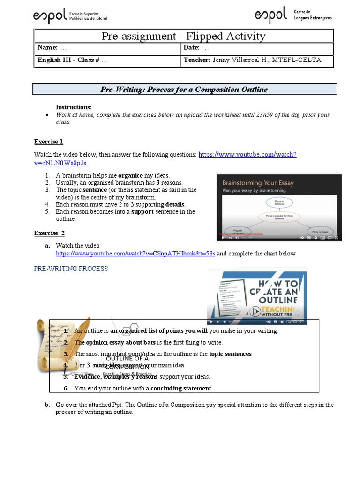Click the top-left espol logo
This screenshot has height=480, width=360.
click(70, 16)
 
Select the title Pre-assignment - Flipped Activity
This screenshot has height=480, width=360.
click(184, 36)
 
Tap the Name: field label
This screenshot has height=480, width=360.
click(47, 48)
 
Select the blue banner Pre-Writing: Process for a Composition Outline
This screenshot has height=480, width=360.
click(184, 90)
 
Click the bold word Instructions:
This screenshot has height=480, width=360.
click(74, 107)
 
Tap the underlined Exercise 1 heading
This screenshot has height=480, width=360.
click(48, 142)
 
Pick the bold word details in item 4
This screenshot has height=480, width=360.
click(175, 204)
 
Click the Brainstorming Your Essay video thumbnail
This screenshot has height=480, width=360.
click(279, 208)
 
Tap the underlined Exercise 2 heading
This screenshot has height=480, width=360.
click(49, 233)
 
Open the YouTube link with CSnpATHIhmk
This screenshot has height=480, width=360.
click(135, 254)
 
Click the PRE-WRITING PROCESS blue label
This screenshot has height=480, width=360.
click(71, 269)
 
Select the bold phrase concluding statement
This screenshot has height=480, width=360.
click(181, 388)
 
